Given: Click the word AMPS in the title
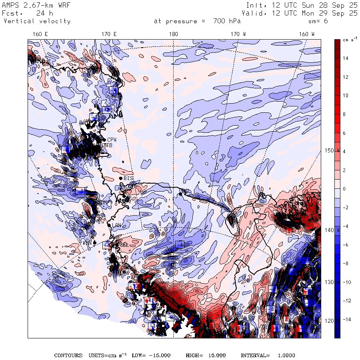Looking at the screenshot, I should point(10,5).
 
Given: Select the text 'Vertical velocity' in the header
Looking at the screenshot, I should point(37,21).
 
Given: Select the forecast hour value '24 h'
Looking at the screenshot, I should point(44,13).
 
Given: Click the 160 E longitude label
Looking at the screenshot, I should point(40,34).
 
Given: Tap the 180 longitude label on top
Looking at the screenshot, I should point(174,34).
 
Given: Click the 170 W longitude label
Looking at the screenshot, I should point(238,34).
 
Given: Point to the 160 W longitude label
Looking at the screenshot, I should point(307,34).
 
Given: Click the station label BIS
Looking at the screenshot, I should point(128,178).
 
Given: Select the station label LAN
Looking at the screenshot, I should point(116,226).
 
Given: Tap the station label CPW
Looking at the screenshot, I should point(111,140).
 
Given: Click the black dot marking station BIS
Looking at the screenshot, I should point(120,178).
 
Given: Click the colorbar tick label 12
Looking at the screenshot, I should point(346,77).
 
